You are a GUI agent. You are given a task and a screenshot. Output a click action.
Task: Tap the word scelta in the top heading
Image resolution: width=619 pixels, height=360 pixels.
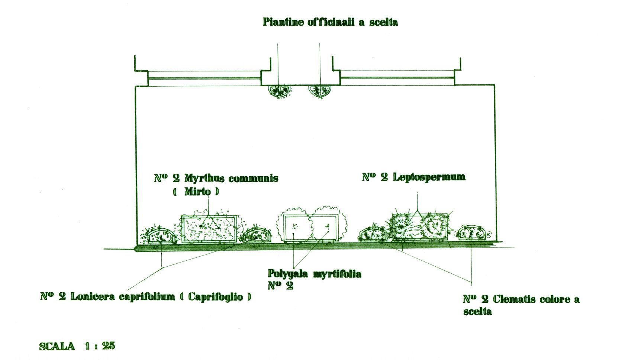[x=383, y=22]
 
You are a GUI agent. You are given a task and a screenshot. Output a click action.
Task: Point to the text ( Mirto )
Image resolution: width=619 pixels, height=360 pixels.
[x=196, y=192]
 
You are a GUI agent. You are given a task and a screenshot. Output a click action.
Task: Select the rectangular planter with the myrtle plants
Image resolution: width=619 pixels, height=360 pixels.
[x=209, y=229]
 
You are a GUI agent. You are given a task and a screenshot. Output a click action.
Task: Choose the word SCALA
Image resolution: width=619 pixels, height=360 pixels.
[x=57, y=346]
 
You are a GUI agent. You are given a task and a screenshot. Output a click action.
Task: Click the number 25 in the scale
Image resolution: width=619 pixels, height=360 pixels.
[x=108, y=346]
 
